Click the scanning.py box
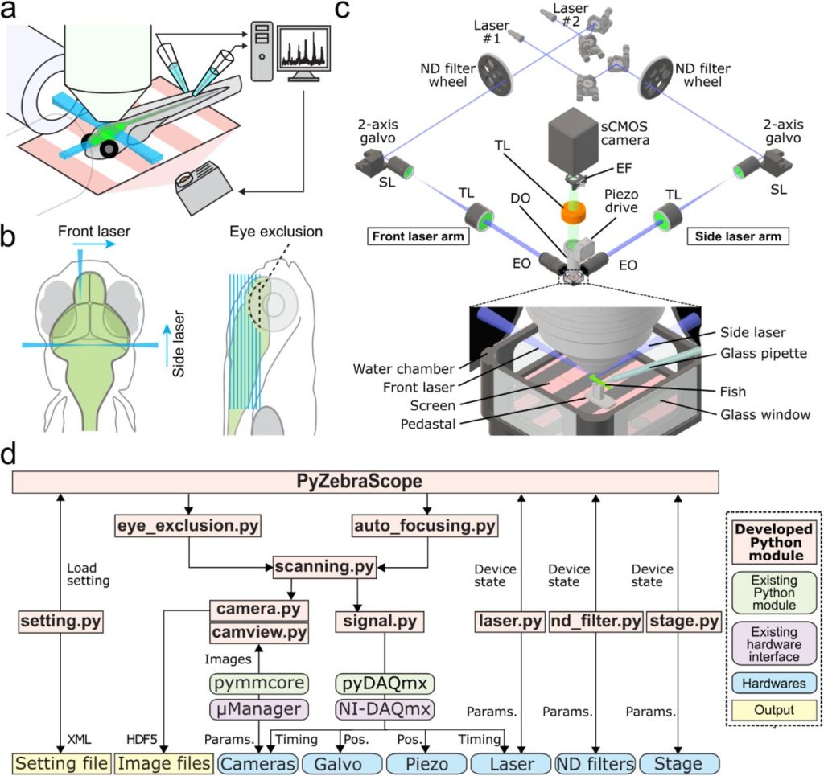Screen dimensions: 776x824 coord(323,567)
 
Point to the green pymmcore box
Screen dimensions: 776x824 coord(258,684)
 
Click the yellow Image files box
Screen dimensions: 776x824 coord(165,762)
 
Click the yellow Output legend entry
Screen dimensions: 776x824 coord(773,710)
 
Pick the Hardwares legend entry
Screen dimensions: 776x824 coord(773,683)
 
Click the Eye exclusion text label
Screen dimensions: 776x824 coord(287,232)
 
